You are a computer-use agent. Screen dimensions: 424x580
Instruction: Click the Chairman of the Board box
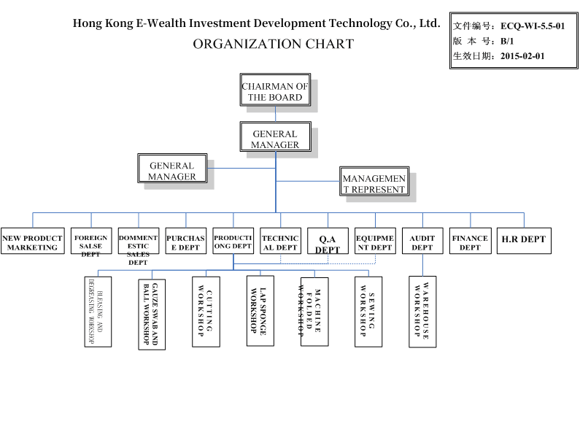click(x=275, y=91)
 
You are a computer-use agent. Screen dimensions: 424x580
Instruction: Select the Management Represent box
click(x=374, y=183)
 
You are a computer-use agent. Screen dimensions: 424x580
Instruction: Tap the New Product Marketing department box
click(x=32, y=242)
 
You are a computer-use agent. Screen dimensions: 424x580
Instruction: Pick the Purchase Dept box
click(x=186, y=242)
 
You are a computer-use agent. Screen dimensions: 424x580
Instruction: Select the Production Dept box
click(x=233, y=242)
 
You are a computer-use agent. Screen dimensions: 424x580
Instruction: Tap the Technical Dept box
click(x=280, y=242)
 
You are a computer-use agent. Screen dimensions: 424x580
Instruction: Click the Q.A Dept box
click(x=328, y=242)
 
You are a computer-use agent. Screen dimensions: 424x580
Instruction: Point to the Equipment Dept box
click(x=375, y=242)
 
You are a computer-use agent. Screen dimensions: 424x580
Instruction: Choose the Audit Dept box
click(x=422, y=242)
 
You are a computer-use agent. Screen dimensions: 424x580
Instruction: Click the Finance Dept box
click(x=470, y=242)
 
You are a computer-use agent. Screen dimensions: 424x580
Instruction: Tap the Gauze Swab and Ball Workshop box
click(x=152, y=314)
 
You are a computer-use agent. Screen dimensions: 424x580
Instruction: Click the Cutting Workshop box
click(x=206, y=310)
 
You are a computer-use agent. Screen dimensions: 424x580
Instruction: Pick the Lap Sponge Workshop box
click(x=260, y=310)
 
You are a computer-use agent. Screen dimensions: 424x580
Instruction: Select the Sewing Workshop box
click(x=368, y=310)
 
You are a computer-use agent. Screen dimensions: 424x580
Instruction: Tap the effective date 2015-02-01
click(x=522, y=55)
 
